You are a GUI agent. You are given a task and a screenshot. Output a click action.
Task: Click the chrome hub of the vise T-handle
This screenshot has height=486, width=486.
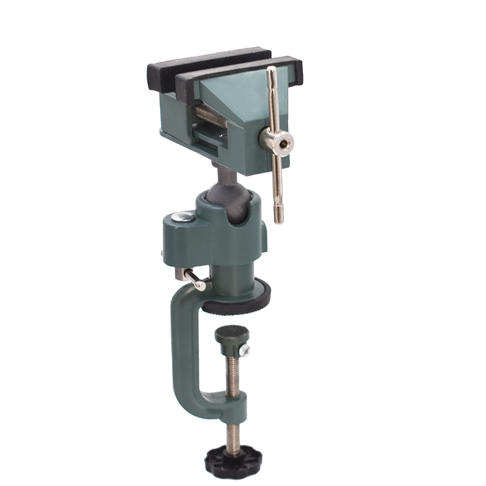276,141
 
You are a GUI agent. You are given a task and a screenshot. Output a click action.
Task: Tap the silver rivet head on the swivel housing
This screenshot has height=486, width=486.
184,217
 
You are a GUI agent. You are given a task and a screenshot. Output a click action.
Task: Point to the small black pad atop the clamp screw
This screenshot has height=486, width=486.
232,334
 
